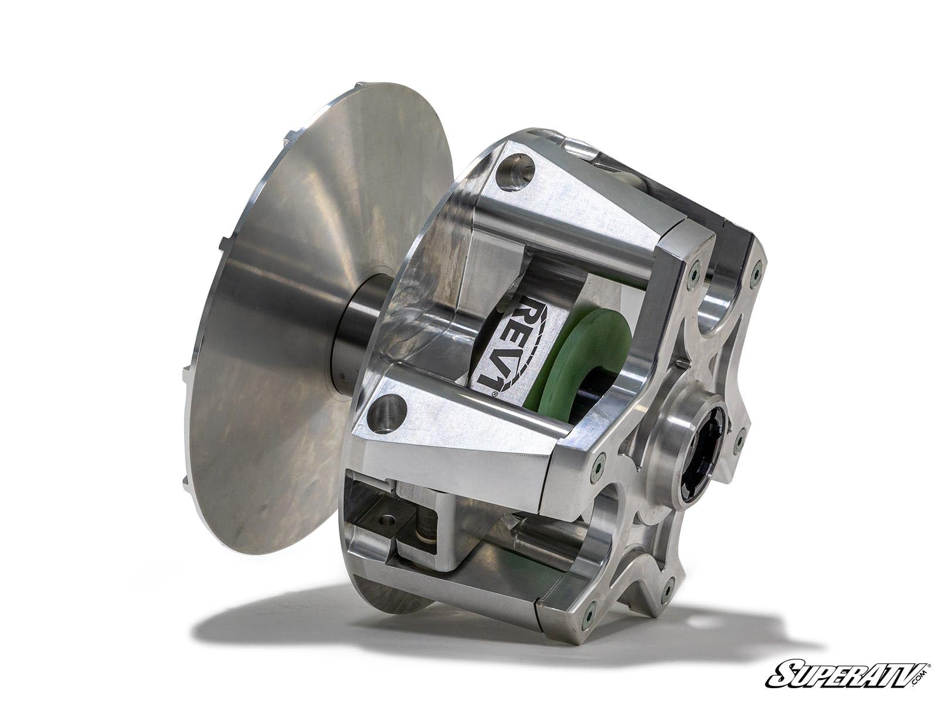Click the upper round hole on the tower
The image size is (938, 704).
pos(515,171)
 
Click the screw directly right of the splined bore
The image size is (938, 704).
pos(740,436)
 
